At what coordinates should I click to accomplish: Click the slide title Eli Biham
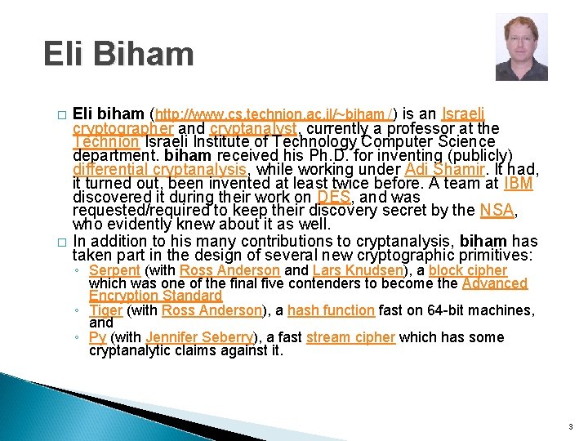click(x=119, y=55)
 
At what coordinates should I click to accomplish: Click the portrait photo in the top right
click(x=521, y=47)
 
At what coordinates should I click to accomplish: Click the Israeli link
click(x=463, y=114)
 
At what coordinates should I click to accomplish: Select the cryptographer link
click(x=122, y=129)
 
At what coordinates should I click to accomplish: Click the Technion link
click(x=105, y=142)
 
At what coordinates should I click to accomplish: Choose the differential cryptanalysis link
click(x=159, y=170)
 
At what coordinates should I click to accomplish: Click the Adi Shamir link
click(x=439, y=170)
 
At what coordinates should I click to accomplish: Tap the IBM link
click(x=518, y=184)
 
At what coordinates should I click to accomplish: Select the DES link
click(x=333, y=197)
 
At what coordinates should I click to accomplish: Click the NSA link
click(x=497, y=211)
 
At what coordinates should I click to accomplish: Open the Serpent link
click(x=114, y=270)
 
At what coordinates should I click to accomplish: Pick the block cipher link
click(x=468, y=270)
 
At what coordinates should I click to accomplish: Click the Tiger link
click(x=105, y=310)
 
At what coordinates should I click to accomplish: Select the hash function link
click(x=331, y=310)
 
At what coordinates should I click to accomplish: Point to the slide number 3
click(x=570, y=425)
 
